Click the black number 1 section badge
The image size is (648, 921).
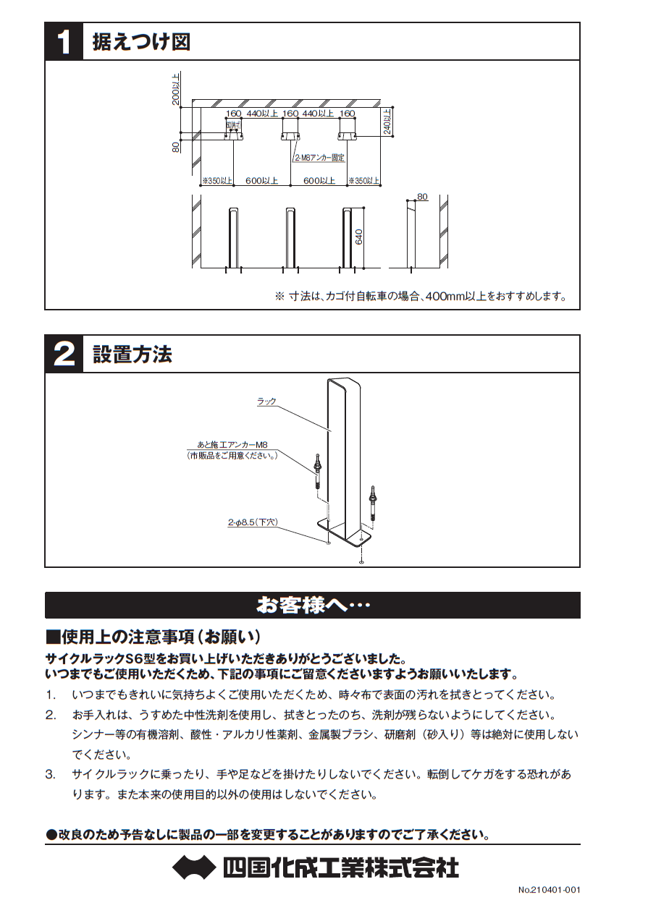point(64,42)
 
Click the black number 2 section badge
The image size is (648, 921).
point(64,355)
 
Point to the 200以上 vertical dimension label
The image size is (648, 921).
point(175,89)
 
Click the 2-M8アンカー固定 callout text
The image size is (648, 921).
point(319,157)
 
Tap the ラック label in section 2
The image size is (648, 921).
point(266,402)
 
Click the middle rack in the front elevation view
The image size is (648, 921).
point(290,239)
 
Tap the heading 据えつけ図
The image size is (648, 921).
point(141,42)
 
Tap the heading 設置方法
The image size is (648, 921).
point(132,355)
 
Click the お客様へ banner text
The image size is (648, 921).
point(313,605)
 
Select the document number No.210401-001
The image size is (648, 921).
point(549,890)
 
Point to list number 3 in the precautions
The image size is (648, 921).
point(51,774)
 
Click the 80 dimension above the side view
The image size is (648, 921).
point(423,197)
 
